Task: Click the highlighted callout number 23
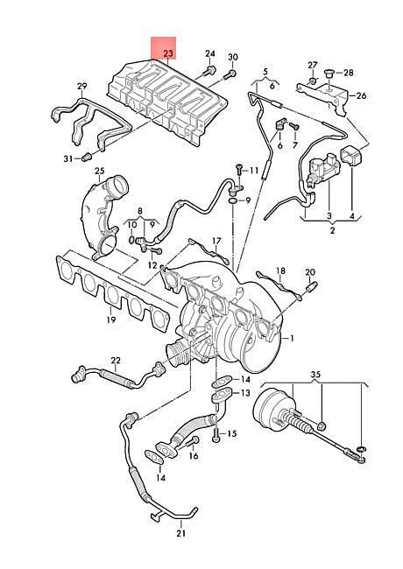(x=168, y=53)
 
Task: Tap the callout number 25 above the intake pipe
(x=99, y=171)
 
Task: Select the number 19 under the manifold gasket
(x=111, y=320)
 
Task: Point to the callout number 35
(x=315, y=374)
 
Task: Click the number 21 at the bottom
(x=180, y=533)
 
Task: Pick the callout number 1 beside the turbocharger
(x=292, y=339)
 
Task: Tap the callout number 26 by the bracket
(x=361, y=95)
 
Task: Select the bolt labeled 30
(x=230, y=74)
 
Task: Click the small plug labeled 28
(x=329, y=73)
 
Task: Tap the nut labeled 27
(x=312, y=80)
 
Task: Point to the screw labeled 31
(x=86, y=158)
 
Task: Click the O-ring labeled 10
(x=132, y=240)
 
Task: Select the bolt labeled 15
(x=216, y=434)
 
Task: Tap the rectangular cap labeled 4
(x=350, y=156)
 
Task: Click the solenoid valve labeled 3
(x=323, y=168)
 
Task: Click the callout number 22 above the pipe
(x=116, y=361)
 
